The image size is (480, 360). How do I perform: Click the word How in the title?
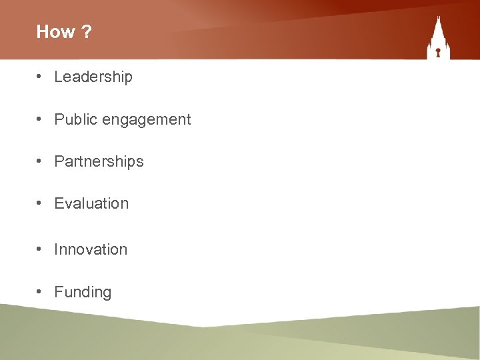tap(51, 32)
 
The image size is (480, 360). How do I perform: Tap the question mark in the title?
tap(87, 32)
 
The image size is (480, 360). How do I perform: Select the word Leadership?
tap(93, 77)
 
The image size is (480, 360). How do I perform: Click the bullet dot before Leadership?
tap(41, 77)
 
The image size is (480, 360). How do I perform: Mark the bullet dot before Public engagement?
tap(41, 119)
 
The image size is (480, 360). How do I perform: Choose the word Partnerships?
tap(99, 162)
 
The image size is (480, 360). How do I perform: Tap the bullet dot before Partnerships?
tap(41, 161)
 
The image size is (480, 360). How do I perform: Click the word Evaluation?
tap(91, 203)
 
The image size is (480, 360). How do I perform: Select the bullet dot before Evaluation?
tap(41, 203)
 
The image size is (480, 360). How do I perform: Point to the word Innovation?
tap(91, 249)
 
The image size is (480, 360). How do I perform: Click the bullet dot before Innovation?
tap(41, 249)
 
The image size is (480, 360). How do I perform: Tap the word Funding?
tap(83, 293)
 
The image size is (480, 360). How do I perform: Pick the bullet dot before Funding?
tap(41, 292)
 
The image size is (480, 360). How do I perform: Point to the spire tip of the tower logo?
tap(439, 17)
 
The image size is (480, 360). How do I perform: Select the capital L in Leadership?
tap(58, 77)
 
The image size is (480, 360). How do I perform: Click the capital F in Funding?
tap(58, 292)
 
